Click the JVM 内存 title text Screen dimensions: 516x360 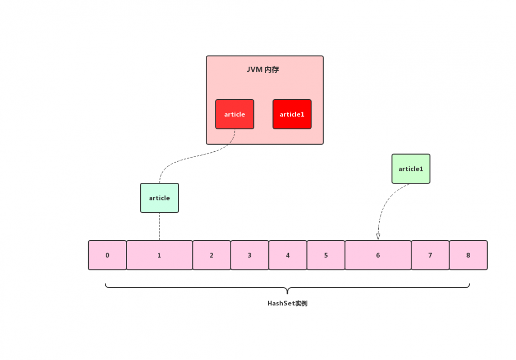(x=263, y=70)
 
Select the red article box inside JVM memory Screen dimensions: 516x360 (x=235, y=114)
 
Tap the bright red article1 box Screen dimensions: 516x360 (x=292, y=114)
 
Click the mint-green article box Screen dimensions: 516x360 (x=159, y=198)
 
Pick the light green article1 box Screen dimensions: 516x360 (x=411, y=168)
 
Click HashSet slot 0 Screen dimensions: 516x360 (x=107, y=255)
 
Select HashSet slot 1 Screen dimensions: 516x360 (x=159, y=255)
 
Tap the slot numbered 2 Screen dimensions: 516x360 (x=212, y=255)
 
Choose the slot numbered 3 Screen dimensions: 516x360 (x=250, y=255)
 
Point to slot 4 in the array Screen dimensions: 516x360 (x=288, y=255)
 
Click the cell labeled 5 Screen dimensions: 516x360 (x=326, y=255)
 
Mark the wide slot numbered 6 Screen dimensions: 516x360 (x=378, y=255)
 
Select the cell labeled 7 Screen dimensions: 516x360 (x=430, y=255)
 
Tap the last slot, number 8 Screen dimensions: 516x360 (x=469, y=255)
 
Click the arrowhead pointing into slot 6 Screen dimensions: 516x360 (x=378, y=237)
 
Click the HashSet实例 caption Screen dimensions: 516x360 (x=287, y=303)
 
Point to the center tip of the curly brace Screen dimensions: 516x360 (x=287, y=293)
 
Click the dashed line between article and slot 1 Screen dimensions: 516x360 (x=159, y=227)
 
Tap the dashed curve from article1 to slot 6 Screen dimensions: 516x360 (x=385, y=201)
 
